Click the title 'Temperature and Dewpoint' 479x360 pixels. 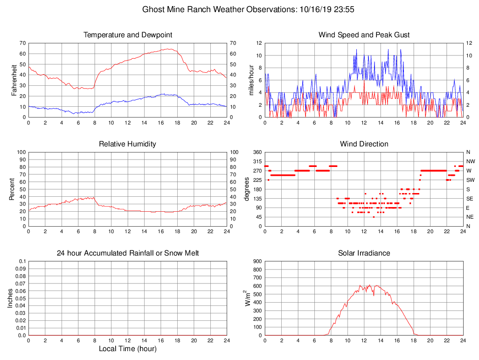tap(127, 35)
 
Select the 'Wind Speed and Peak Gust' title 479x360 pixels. tap(364, 35)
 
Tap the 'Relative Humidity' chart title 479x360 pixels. tap(127, 144)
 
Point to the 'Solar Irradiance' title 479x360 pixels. tap(364, 253)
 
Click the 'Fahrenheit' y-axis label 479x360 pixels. tap(14, 80)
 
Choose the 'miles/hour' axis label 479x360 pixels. tap(251, 80)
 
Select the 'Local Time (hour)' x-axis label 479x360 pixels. tap(127, 349)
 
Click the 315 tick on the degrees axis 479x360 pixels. tap(257, 161)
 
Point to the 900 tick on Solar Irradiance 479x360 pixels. tap(257, 261)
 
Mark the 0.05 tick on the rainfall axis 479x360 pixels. tap(21, 298)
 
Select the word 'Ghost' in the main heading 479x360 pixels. tap(153, 9)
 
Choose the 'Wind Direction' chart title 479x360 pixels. tap(364, 144)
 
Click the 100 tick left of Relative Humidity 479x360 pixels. tap(21, 152)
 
